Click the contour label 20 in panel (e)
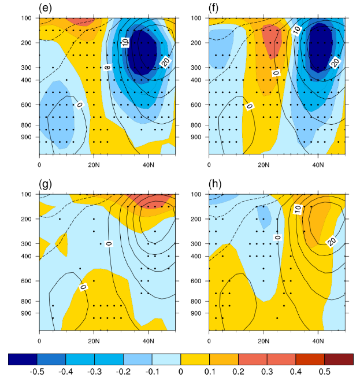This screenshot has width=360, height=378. pyautogui.click(x=165, y=61)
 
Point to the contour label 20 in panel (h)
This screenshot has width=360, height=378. pyautogui.click(x=332, y=241)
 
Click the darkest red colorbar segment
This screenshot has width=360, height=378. pyautogui.click(x=339, y=359)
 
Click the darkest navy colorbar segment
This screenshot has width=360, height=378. pyautogui.click(x=23, y=359)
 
